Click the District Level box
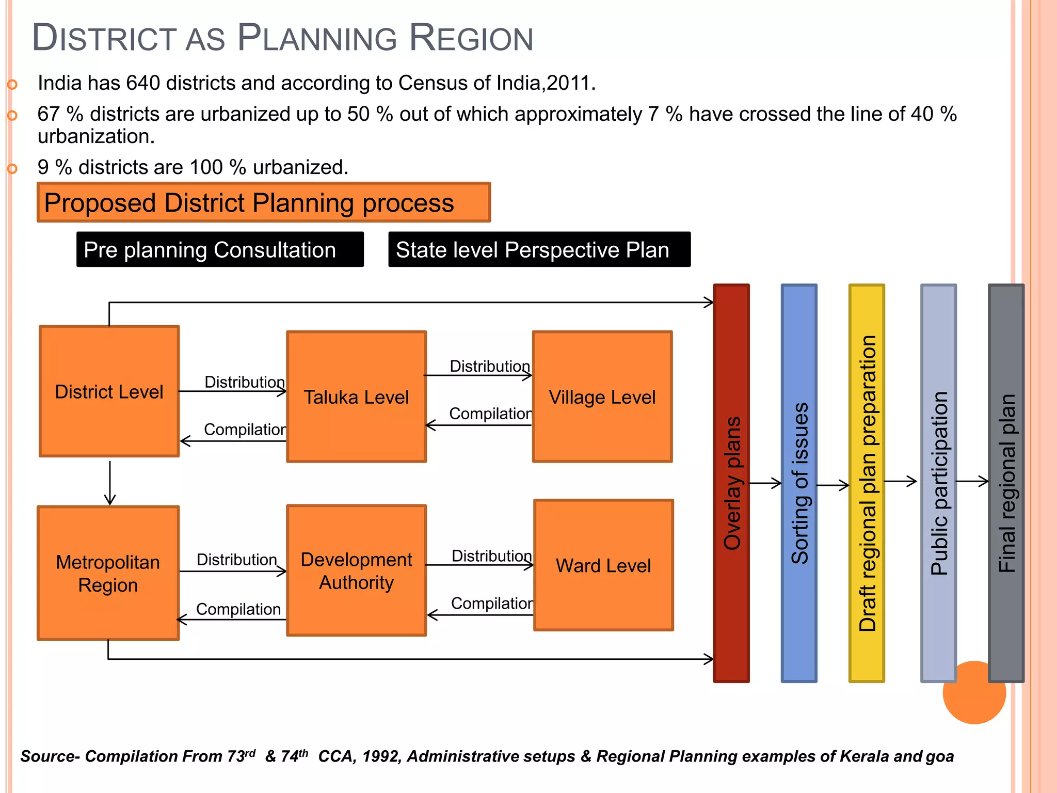109,391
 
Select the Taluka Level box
356,396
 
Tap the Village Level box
602,396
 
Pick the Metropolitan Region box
108,573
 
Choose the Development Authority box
356,570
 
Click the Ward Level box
603,565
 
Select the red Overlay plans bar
731,483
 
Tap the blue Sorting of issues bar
799,483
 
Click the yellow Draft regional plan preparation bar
867,483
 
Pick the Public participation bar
938,483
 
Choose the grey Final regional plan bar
1006,483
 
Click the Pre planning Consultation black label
220,249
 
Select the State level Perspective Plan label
539,249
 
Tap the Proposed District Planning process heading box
263,202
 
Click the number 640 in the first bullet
143,83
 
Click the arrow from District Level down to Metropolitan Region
110,483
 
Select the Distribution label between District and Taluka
244,382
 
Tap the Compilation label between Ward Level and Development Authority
491,603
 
